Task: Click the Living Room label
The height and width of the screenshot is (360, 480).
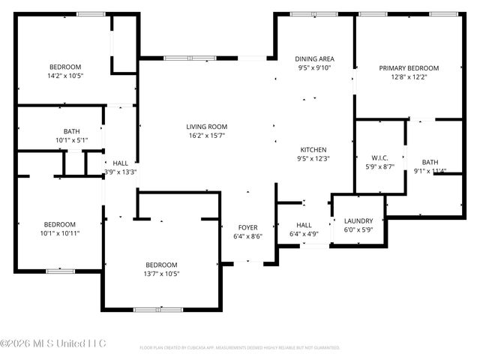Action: click(x=206, y=127)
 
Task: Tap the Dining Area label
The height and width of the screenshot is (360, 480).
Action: click(x=314, y=58)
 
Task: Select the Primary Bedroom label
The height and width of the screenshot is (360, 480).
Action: click(x=408, y=67)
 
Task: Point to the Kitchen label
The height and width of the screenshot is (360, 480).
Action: click(x=313, y=149)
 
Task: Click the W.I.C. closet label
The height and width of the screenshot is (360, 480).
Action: click(x=379, y=157)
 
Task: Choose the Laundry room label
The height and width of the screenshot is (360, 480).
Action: click(x=358, y=220)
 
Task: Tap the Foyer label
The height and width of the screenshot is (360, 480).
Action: click(x=248, y=227)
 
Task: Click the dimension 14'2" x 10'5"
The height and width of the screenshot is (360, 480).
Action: click(x=65, y=76)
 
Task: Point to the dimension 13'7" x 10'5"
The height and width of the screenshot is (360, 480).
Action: click(x=161, y=274)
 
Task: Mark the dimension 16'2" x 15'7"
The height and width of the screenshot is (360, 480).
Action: click(x=206, y=136)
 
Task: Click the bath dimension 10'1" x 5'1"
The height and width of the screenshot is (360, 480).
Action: click(x=71, y=140)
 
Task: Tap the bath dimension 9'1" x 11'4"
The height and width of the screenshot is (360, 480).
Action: click(x=430, y=171)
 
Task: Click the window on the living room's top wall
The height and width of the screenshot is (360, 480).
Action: click(x=190, y=58)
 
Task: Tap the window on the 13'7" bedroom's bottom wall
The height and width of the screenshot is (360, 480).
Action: click(x=157, y=310)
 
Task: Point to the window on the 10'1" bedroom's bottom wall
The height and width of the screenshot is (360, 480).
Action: click(x=59, y=271)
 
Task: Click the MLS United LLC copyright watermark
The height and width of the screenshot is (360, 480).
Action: click(x=53, y=344)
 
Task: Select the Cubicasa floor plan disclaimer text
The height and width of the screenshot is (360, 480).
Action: click(x=239, y=348)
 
